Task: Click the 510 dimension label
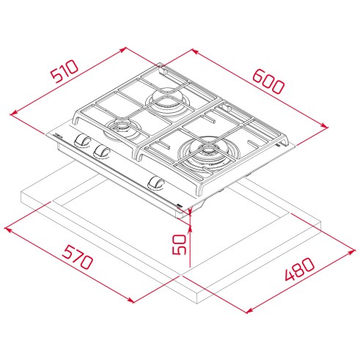pyautogui.click(x=65, y=71)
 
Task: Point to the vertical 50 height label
pyautogui.click(x=179, y=245)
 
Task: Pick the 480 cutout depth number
pyautogui.click(x=300, y=269)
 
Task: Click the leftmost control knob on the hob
pyautogui.click(x=82, y=141)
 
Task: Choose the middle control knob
pyautogui.click(x=101, y=152)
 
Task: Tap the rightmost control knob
pyautogui.click(x=155, y=183)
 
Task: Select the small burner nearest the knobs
pyautogui.click(x=121, y=127)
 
